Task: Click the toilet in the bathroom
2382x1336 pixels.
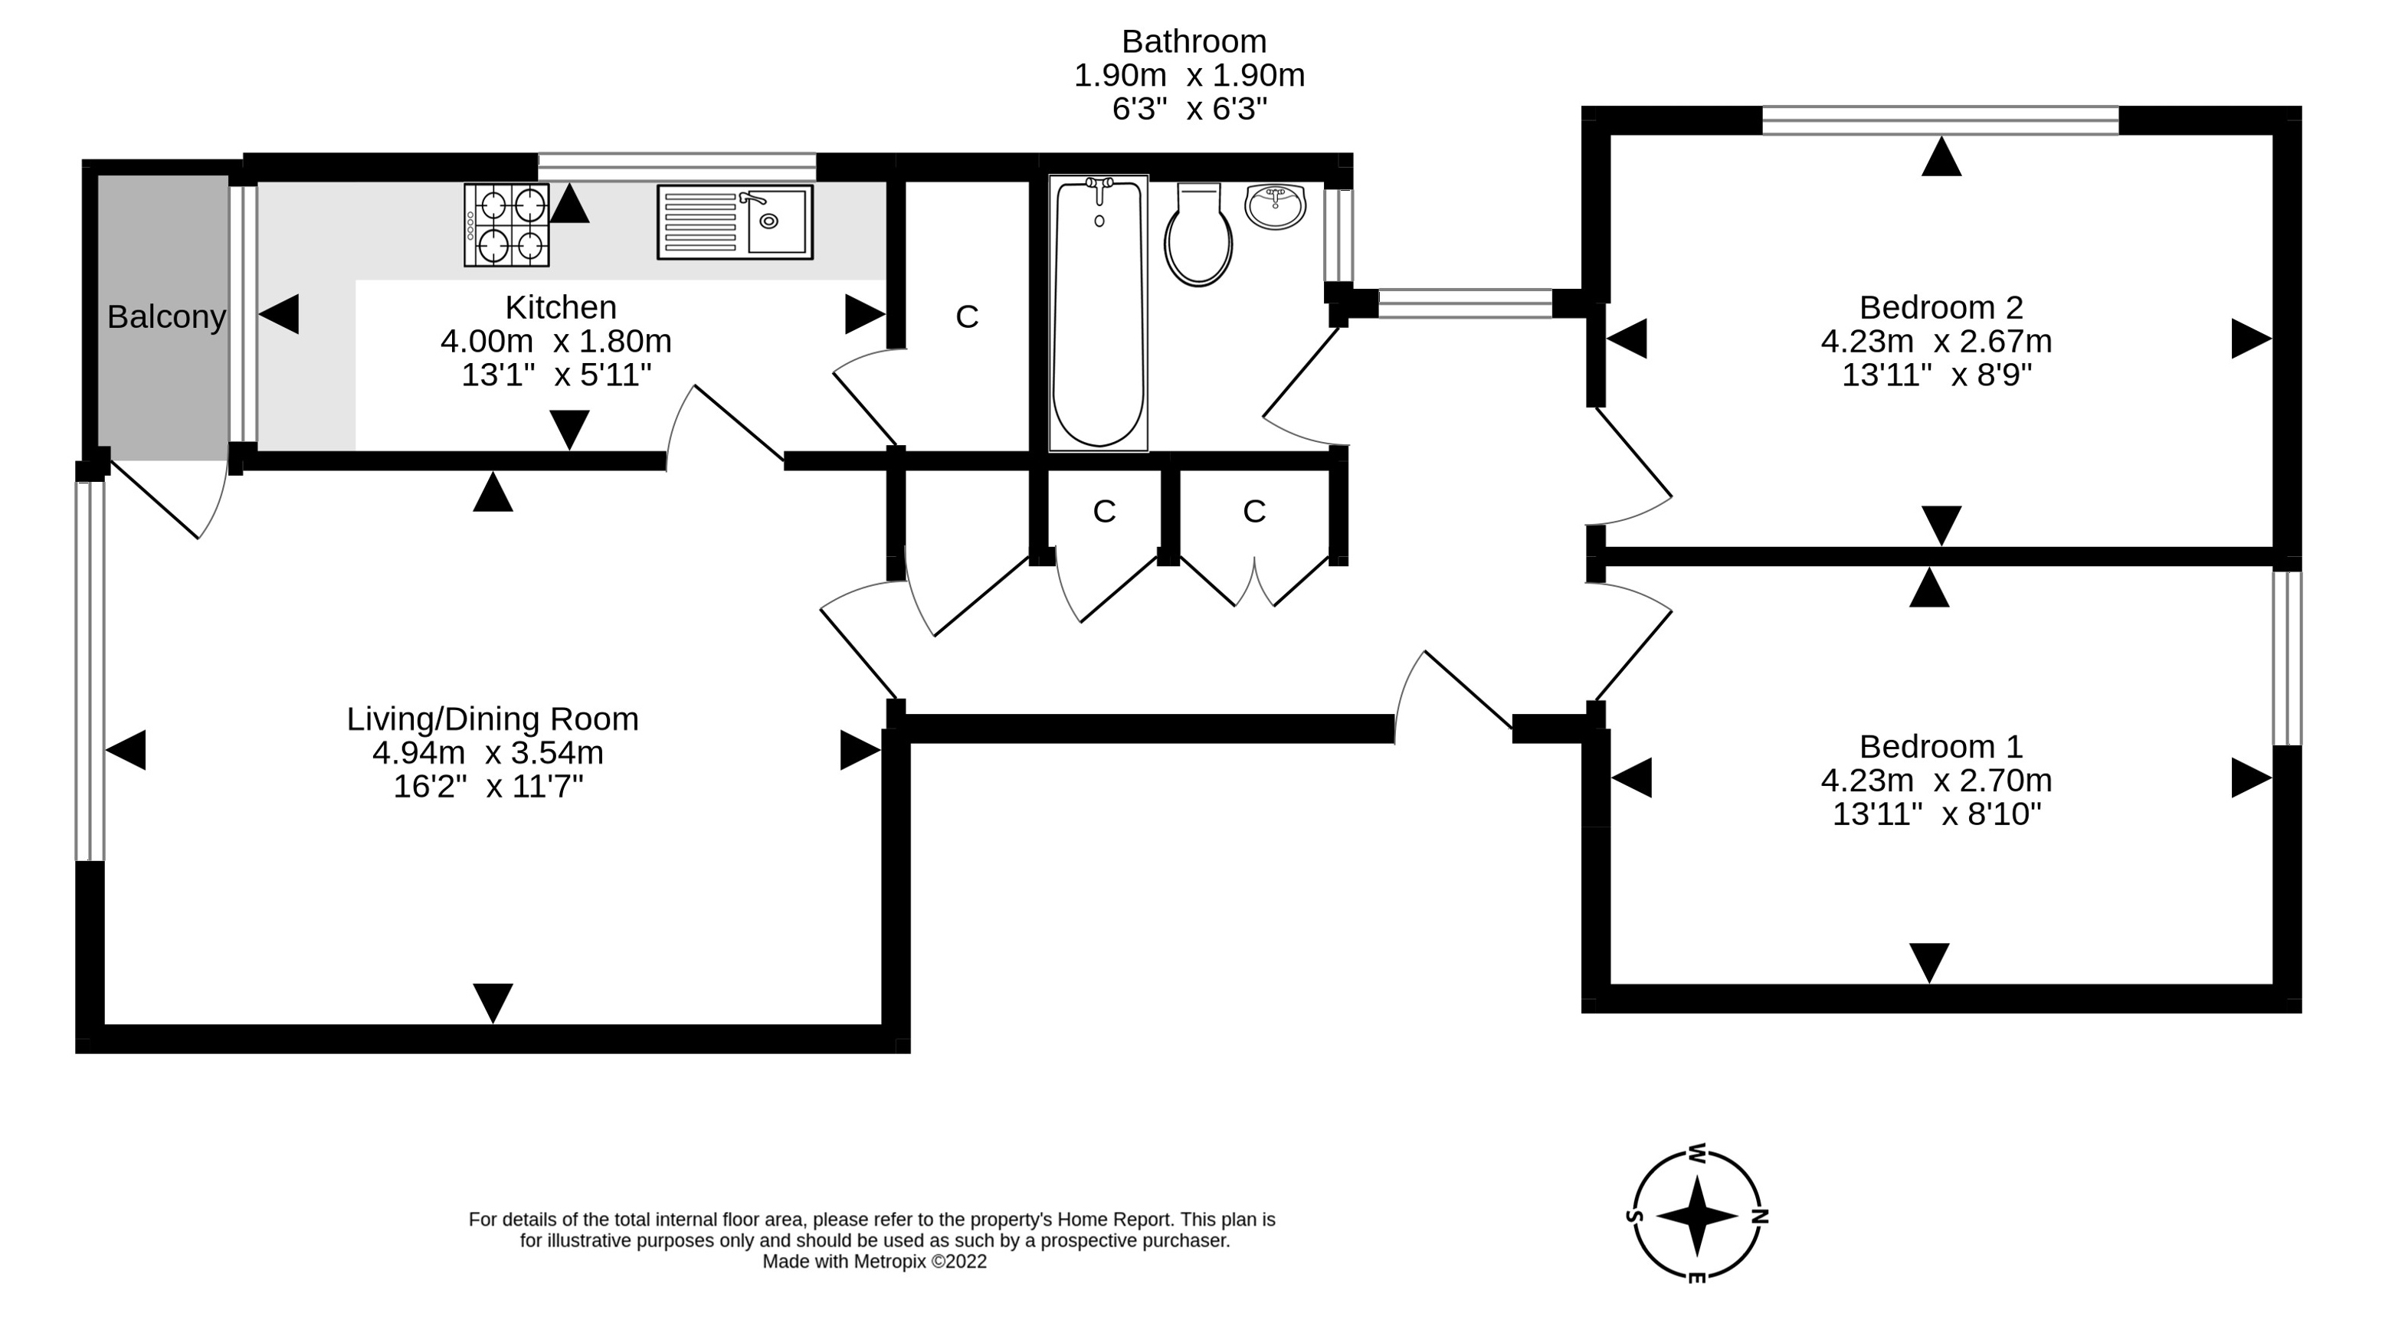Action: coord(1198,235)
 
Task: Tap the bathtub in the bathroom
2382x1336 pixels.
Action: coord(1099,313)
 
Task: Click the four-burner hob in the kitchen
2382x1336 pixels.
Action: coord(506,224)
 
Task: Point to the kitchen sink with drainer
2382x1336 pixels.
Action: coord(735,222)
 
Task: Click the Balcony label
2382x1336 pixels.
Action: coord(166,317)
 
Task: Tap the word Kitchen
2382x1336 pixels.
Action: coord(560,307)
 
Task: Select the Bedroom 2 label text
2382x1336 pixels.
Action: coord(1941,307)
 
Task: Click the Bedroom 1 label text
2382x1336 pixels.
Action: coord(1941,746)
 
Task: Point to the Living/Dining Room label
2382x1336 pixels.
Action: coord(492,719)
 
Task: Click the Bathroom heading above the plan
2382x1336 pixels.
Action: coord(1194,41)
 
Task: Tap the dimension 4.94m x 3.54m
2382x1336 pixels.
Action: coord(487,752)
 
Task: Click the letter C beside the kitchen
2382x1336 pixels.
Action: coord(966,317)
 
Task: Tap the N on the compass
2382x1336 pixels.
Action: coord(1760,1216)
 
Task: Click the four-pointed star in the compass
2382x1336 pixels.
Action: coord(1697,1216)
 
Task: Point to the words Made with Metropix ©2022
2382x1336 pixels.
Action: coord(874,1262)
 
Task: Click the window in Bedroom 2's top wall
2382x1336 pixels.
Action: coord(1940,120)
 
